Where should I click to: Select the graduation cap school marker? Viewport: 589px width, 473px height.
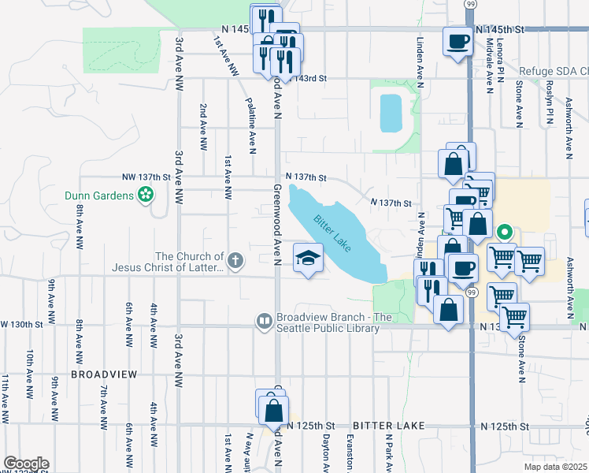(309, 257)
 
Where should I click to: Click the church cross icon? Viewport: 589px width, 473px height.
(234, 260)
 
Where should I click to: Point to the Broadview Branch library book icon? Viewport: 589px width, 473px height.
(265, 322)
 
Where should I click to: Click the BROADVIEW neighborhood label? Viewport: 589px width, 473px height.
(104, 374)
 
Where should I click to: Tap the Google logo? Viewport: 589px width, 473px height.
(26, 464)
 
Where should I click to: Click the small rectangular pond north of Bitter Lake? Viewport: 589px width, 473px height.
(389, 113)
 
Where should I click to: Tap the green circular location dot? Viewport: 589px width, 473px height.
(504, 233)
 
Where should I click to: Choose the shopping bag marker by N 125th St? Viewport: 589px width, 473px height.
(273, 410)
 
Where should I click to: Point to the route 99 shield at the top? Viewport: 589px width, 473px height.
(470, 5)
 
